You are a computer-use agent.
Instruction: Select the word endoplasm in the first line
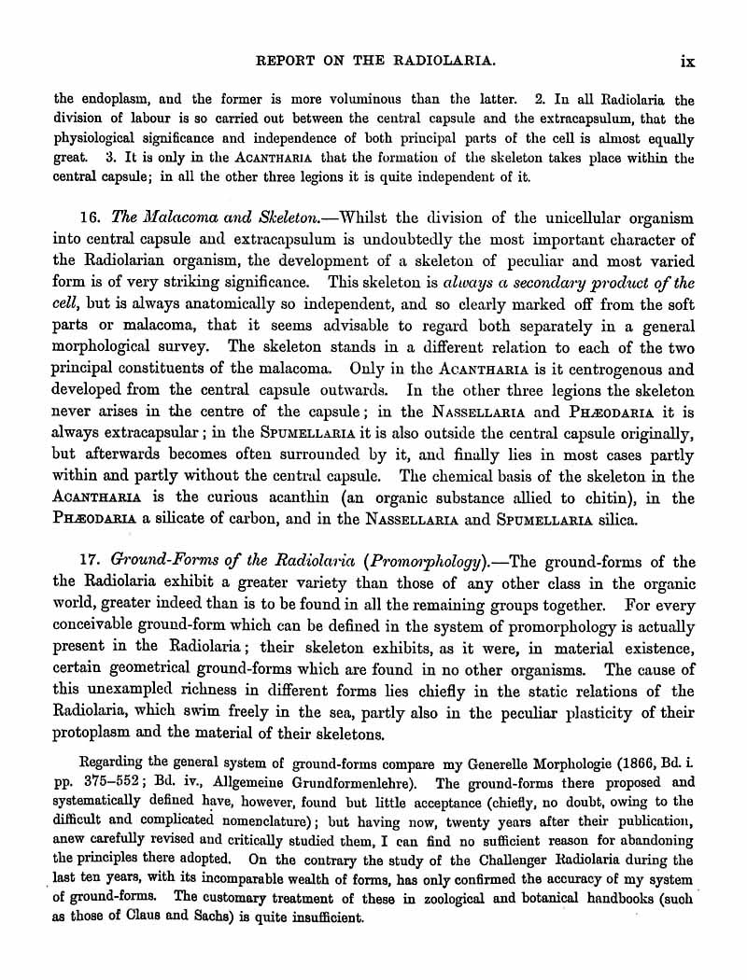coord(100,99)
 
